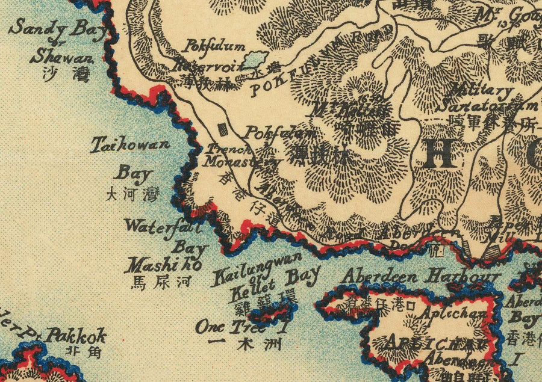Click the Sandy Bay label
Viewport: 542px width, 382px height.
coord(57,29)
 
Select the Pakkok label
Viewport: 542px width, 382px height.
coord(76,334)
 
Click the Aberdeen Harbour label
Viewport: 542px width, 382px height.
coord(421,276)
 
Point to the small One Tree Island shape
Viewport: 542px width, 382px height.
coord(273,312)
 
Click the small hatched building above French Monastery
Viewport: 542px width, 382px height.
coord(222,129)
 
